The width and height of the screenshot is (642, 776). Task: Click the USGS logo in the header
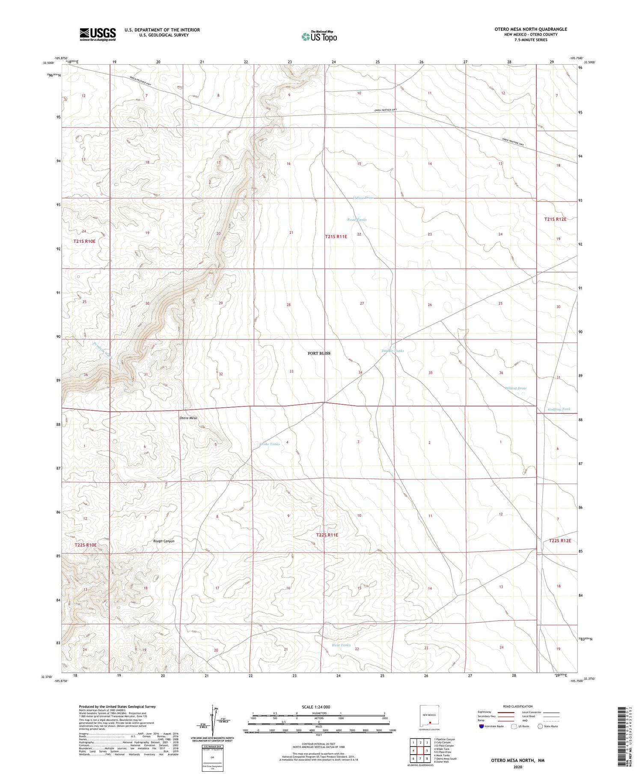(x=98, y=34)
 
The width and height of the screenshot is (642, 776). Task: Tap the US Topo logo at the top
(x=319, y=37)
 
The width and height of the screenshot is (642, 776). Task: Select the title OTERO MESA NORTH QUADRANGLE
(x=531, y=29)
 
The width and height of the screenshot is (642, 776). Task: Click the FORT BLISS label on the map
(x=319, y=353)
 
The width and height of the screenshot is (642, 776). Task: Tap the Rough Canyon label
(x=164, y=541)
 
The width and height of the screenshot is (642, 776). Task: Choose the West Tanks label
(x=341, y=645)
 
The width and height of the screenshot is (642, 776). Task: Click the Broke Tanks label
(x=270, y=444)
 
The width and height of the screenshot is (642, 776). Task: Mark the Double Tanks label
(x=392, y=351)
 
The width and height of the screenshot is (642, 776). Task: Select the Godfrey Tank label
(x=559, y=409)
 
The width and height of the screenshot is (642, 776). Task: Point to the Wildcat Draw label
(x=516, y=388)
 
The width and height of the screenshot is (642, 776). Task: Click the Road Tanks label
(x=357, y=220)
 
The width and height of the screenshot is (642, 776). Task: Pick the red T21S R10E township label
(x=84, y=241)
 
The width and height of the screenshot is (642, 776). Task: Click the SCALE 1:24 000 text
(x=316, y=707)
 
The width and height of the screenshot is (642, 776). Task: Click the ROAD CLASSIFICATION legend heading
(x=518, y=706)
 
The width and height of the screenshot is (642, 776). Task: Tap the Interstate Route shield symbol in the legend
(x=481, y=726)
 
